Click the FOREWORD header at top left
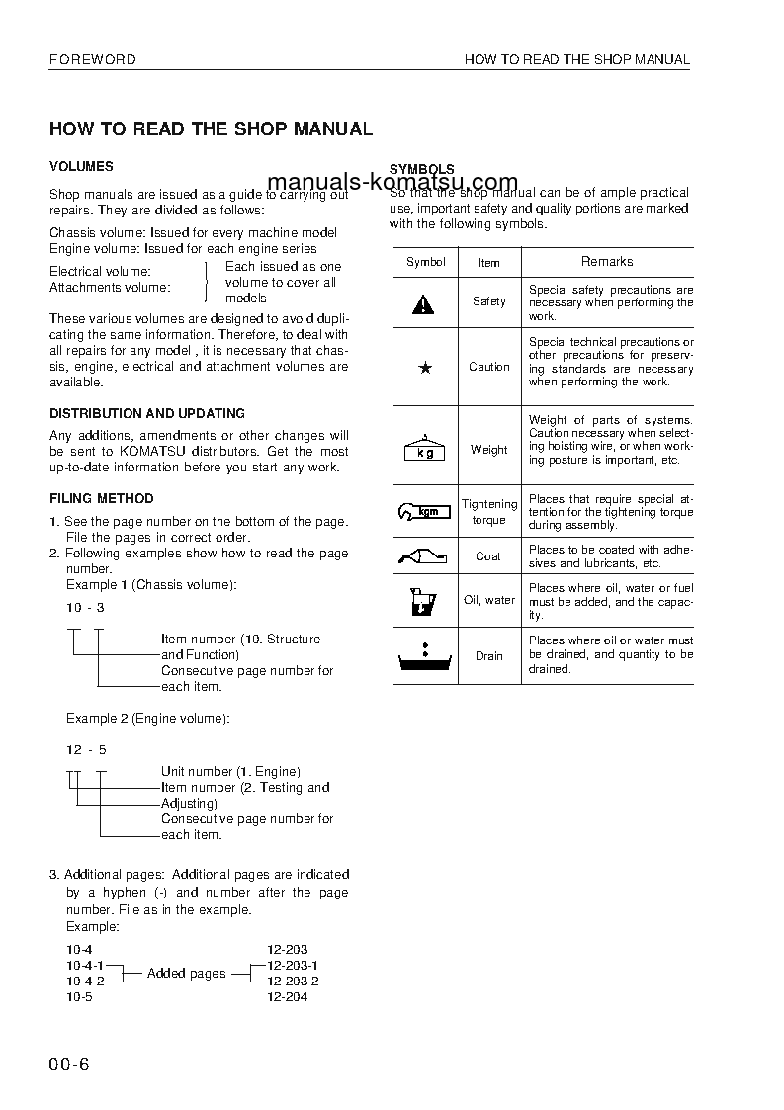[x=93, y=59]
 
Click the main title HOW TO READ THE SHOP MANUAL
[x=211, y=129]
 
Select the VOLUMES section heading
[x=81, y=167]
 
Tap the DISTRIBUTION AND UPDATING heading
[x=147, y=413]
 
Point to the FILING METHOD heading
[x=102, y=498]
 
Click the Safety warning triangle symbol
[x=423, y=303]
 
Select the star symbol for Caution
[x=425, y=367]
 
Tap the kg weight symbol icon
[x=424, y=449]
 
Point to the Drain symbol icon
[x=424, y=656]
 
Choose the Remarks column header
[x=607, y=261]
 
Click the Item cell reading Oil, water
[x=489, y=600]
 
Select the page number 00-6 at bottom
[x=69, y=1065]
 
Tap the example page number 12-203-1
[x=293, y=965]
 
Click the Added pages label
[x=186, y=974]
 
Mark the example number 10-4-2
[x=85, y=981]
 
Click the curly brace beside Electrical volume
[x=207, y=282]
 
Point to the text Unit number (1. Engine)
[x=230, y=771]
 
